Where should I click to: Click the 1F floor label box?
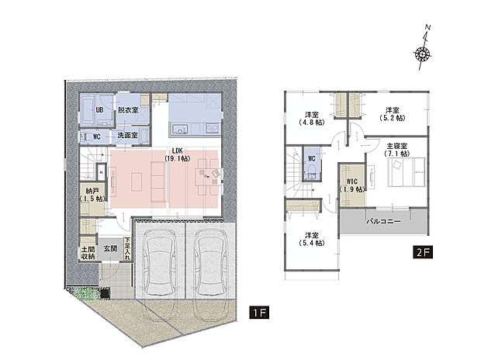tap(259, 313)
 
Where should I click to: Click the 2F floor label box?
tap(422, 252)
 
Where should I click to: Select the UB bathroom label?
tap(100, 109)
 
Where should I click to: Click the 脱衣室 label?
tap(128, 109)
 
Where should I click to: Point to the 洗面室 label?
tap(127, 135)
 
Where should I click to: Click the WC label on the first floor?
tap(97, 137)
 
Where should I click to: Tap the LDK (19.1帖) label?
tap(178, 154)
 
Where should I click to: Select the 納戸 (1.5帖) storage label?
tap(92, 195)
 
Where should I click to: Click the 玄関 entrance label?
tap(110, 248)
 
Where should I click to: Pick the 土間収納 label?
tap(88, 253)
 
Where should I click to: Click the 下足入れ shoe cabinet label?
tap(127, 248)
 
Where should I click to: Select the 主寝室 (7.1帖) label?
tap(397, 149)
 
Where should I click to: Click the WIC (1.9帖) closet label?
tap(352, 185)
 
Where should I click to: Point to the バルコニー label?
tap(384, 221)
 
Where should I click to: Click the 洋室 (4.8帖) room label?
tap(312, 119)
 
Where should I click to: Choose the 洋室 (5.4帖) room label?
tap(312, 239)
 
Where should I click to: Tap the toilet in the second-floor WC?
tap(312, 172)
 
